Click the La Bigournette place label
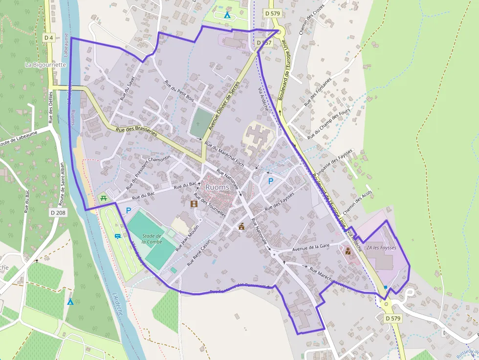(45, 64)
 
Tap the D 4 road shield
(48, 38)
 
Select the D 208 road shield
(58, 212)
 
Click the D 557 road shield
(263, 43)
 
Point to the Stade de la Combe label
(152, 239)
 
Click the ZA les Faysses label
(382, 248)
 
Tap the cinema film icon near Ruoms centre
(195, 203)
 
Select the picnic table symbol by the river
(103, 198)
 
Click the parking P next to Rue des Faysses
(270, 181)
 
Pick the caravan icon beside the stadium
(117, 236)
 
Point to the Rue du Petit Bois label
(179, 91)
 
